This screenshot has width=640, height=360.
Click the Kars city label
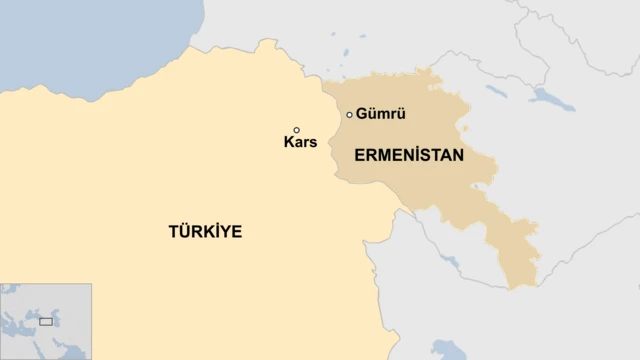[x=300, y=143]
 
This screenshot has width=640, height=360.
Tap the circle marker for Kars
[x=296, y=130]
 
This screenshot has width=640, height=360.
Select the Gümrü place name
[x=380, y=114]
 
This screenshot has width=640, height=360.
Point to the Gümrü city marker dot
[x=349, y=115]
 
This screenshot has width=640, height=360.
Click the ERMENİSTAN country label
[x=408, y=156]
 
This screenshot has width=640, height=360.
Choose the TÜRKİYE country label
[x=205, y=232]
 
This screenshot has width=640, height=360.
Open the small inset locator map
[x=46, y=321]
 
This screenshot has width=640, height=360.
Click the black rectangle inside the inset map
[x=46, y=321]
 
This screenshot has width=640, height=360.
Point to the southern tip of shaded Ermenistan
[x=522, y=286]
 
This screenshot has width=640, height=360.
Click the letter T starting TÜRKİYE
[x=173, y=232]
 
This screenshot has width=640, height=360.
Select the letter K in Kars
[x=288, y=143]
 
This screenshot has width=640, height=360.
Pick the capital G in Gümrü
[x=361, y=114]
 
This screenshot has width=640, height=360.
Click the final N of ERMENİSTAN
[x=458, y=156]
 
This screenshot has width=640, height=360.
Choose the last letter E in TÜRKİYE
[x=237, y=232]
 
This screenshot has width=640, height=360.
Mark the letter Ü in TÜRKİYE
[x=184, y=232]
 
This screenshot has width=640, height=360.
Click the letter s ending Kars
[x=313, y=143]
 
